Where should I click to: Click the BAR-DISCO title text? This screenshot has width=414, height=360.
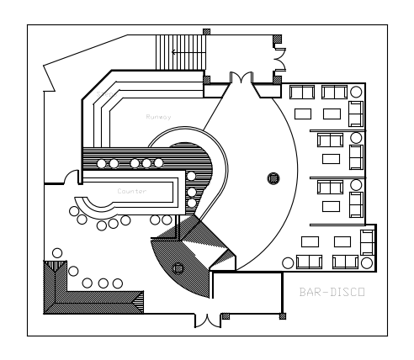332,292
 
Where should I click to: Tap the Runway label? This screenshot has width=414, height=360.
158,117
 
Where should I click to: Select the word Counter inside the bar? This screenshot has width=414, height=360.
132,191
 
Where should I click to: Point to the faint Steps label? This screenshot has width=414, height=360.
106,94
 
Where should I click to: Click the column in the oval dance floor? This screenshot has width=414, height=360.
273,178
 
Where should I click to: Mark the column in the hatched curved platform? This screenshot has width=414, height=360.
178,268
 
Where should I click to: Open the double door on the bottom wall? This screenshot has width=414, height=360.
208,320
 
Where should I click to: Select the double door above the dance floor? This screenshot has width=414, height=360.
241,77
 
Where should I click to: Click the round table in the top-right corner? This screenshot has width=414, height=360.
356,92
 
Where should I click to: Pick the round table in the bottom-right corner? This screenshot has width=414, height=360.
367,263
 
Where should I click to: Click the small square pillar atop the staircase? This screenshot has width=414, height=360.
206,32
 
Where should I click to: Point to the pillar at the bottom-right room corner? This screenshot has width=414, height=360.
283,316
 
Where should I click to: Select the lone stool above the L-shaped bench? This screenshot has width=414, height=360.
57,253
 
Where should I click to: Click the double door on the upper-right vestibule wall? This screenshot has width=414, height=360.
280,60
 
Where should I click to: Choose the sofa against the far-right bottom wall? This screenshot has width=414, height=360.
368,242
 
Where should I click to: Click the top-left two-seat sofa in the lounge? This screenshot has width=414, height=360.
302,93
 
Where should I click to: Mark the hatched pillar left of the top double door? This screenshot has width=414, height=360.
207,80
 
